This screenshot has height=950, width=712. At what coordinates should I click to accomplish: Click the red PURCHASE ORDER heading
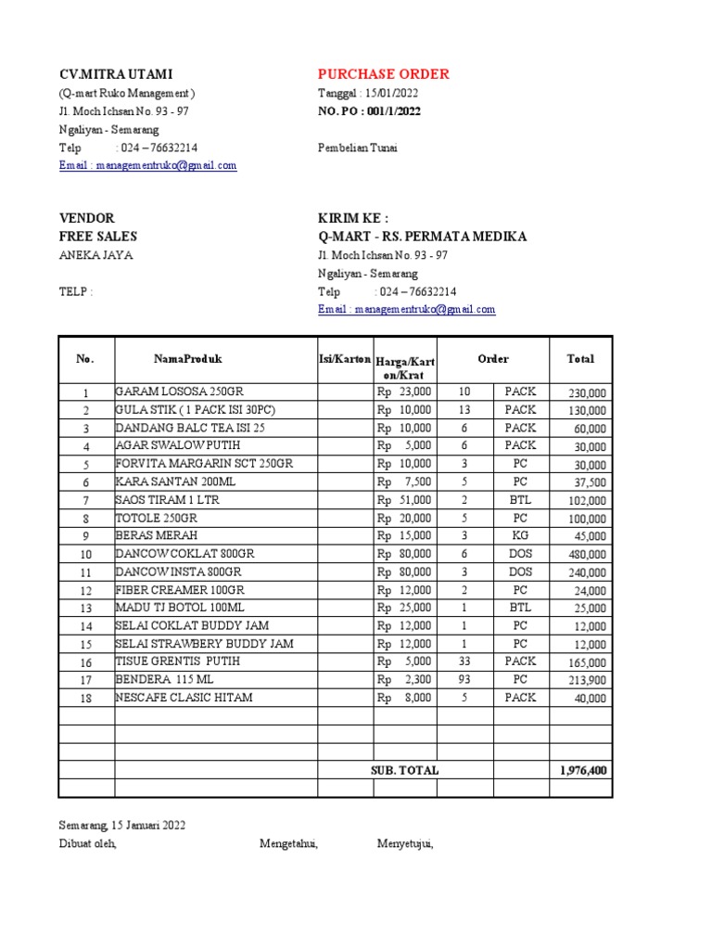tap(383, 74)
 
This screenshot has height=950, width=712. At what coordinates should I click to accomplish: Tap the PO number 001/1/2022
tap(369, 111)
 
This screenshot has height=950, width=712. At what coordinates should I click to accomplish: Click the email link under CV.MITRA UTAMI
tap(147, 165)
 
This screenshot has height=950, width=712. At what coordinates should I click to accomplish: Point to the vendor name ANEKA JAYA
tap(95, 255)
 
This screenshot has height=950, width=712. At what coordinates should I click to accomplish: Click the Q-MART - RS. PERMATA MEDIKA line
tap(422, 237)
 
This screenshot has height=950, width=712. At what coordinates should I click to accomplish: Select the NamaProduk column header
tap(188, 359)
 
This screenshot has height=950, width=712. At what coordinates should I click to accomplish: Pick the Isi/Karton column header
tap(345, 359)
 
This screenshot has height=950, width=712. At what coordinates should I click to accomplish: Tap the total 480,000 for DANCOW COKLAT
tap(587, 555)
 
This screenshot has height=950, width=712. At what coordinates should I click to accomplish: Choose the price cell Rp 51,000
tap(404, 500)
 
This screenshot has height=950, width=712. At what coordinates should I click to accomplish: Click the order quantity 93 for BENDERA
tap(464, 679)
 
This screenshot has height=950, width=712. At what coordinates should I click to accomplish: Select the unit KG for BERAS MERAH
tap(520, 536)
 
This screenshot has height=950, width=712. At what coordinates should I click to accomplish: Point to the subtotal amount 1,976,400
tap(585, 770)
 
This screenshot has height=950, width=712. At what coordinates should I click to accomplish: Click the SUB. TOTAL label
tap(404, 770)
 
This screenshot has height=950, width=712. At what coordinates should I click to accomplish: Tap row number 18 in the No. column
tap(85, 699)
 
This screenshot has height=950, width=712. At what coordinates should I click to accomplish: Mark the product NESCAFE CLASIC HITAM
tap(184, 698)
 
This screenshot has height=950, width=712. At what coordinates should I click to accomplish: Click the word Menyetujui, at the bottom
tap(405, 843)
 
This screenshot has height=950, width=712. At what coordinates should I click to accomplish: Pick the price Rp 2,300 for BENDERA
tap(404, 679)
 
